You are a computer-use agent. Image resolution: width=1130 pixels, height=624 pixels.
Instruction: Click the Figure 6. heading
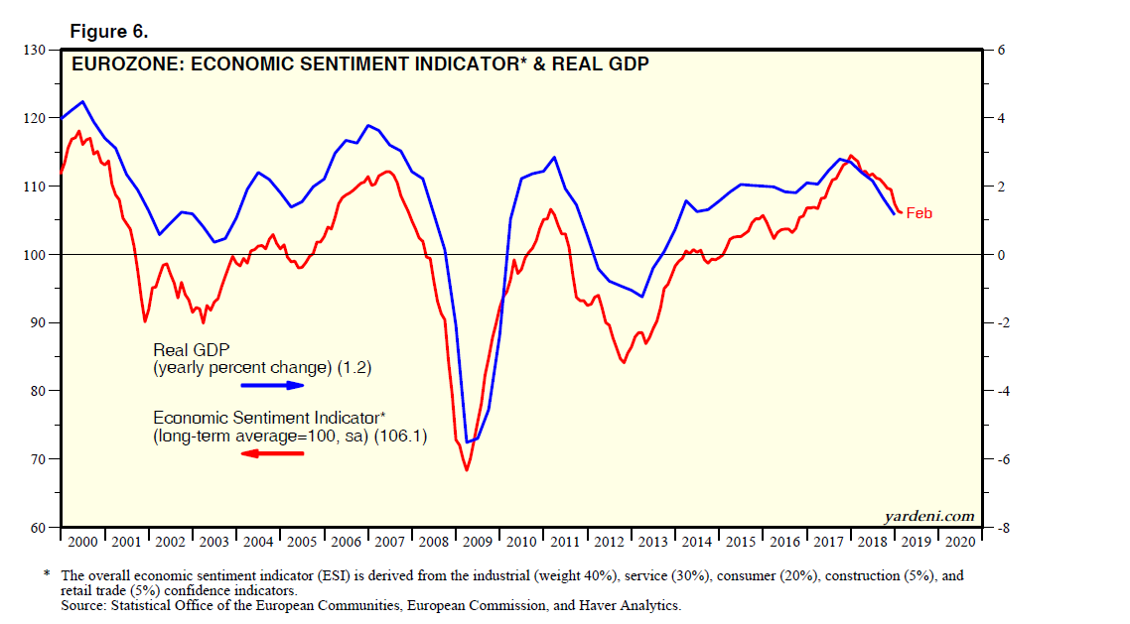108,32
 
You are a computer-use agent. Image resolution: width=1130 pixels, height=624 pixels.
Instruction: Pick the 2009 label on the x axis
478,543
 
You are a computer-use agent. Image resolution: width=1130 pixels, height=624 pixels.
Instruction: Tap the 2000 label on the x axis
83,543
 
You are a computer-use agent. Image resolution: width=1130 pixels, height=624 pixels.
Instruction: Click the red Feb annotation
919,213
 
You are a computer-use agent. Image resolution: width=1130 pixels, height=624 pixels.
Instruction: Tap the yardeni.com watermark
929,517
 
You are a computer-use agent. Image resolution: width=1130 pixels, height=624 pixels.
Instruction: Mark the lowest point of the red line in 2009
467,469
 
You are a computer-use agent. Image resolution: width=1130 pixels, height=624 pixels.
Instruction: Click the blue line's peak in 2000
81,101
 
